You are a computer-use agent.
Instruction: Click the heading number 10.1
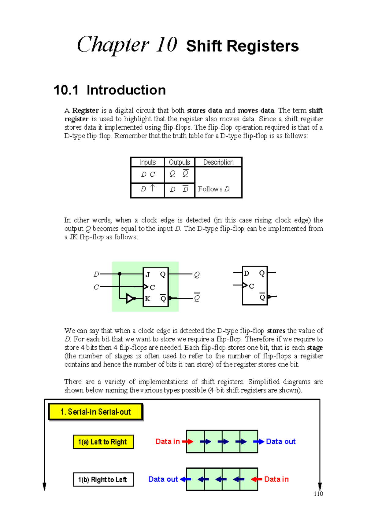(x=66, y=90)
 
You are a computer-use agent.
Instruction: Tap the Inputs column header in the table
(x=147, y=162)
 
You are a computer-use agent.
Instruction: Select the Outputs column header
(x=179, y=162)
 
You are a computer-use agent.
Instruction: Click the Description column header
(x=218, y=162)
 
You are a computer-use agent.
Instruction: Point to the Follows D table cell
(x=213, y=189)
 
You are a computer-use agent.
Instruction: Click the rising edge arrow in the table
(x=153, y=188)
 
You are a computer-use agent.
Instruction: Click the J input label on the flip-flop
(x=148, y=274)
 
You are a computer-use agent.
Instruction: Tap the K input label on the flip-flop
(x=147, y=299)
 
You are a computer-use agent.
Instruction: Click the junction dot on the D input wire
(x=120, y=274)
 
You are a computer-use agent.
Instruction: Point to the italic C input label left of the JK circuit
(x=96, y=287)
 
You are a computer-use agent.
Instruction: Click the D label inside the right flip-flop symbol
(x=247, y=273)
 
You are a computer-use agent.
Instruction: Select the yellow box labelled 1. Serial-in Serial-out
(x=95, y=412)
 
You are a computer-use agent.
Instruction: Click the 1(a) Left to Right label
(x=103, y=442)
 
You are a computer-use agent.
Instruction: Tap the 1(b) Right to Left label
(x=103, y=480)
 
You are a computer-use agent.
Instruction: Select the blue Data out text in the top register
(x=280, y=441)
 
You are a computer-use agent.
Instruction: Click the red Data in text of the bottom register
(x=276, y=479)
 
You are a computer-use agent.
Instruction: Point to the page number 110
(x=318, y=494)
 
